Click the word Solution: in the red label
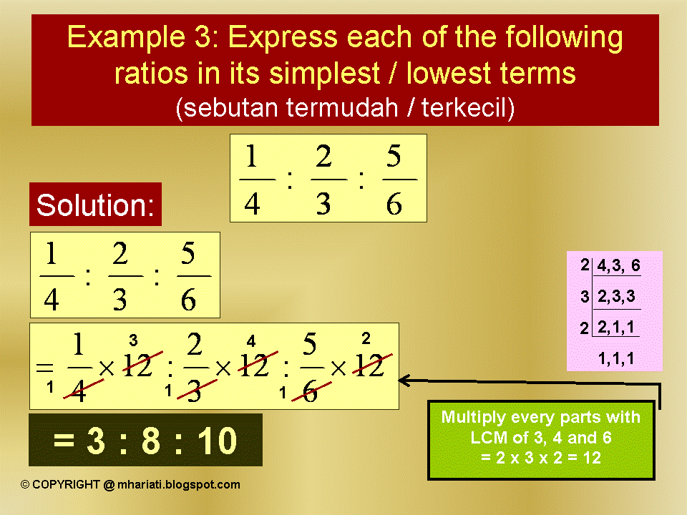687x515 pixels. point(95,205)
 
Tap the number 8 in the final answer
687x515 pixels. point(150,441)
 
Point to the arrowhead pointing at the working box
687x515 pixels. point(404,381)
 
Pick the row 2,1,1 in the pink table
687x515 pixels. point(616,328)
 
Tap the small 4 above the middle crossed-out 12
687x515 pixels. point(251,340)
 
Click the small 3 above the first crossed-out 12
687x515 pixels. point(133,340)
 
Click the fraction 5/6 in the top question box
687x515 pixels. point(394,179)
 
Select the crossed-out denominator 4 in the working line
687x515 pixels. point(79,391)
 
